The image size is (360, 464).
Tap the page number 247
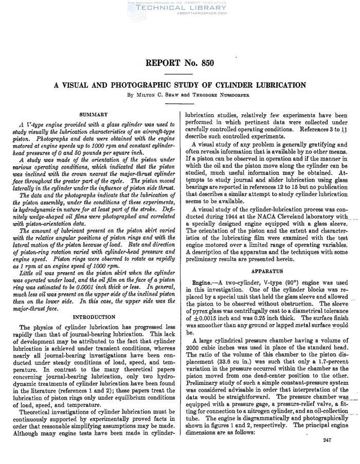click(329, 455)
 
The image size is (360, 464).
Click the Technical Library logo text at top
click(179, 8)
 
